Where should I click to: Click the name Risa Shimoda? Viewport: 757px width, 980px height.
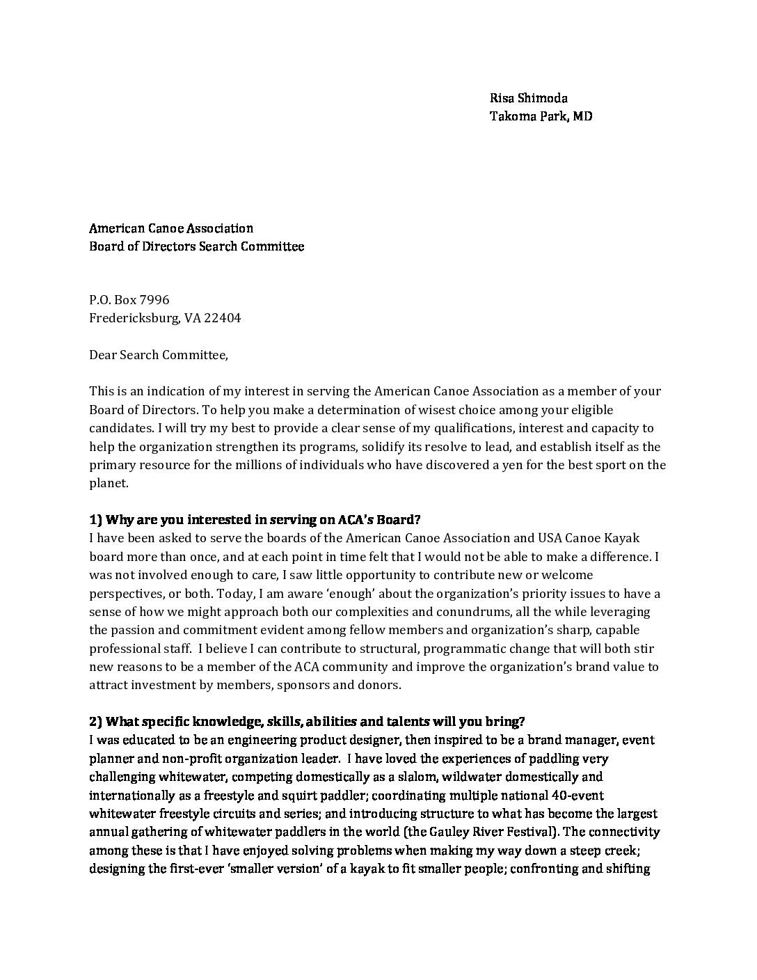pyautogui.click(x=529, y=98)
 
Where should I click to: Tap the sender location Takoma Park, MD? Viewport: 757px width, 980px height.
pyautogui.click(x=541, y=116)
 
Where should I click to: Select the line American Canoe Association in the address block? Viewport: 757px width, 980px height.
pyautogui.click(x=171, y=228)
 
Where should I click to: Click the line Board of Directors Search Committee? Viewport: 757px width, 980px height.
pyautogui.click(x=196, y=246)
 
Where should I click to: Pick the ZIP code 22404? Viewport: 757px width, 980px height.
pyautogui.click(x=222, y=318)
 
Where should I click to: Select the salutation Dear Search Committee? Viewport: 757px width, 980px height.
pyautogui.click(x=158, y=355)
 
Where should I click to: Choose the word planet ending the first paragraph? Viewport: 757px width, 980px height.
pyautogui.click(x=108, y=483)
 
